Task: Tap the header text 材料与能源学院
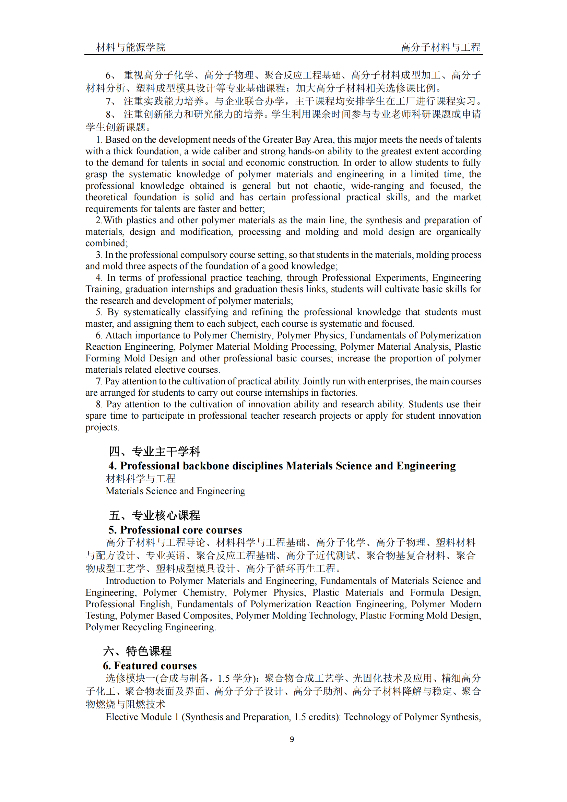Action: pyautogui.click(x=131, y=47)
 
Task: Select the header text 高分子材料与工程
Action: pyautogui.click(x=440, y=47)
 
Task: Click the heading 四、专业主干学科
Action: pyautogui.click(x=154, y=451)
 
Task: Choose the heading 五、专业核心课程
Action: pyautogui.click(x=154, y=515)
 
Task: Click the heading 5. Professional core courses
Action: pyautogui.click(x=175, y=530)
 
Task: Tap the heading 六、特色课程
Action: pyautogui.click(x=137, y=651)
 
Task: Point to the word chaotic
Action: pyautogui.click(x=329, y=186)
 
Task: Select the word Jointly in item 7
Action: pyautogui.click(x=316, y=381)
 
